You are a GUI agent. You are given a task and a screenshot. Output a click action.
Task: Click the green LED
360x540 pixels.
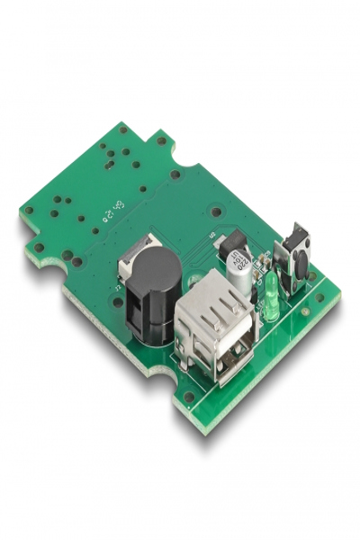(x=269, y=296)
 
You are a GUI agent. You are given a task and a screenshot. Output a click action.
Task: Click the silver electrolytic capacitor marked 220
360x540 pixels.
(x=240, y=269)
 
